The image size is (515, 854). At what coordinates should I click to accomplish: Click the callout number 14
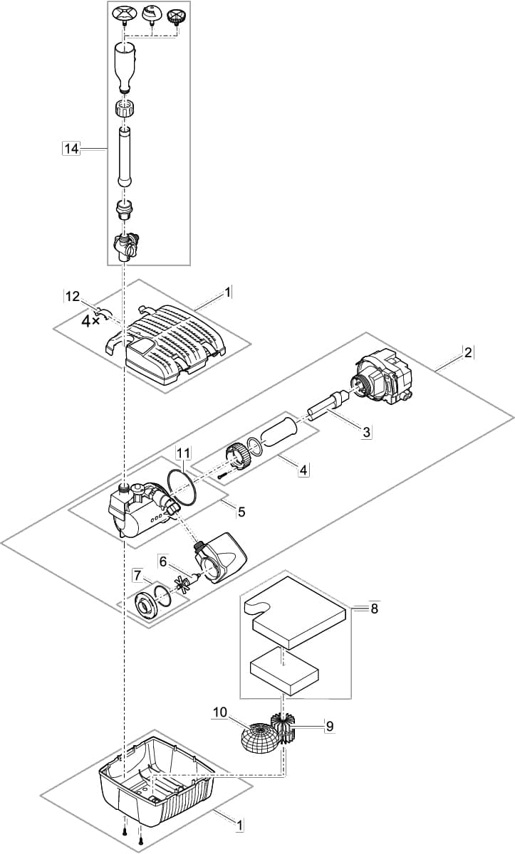click(71, 148)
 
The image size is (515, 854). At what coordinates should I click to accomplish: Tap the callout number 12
click(73, 296)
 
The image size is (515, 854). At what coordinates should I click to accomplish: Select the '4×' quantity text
click(90, 321)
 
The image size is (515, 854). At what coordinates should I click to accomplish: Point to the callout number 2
click(467, 352)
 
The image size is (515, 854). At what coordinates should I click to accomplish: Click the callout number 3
click(366, 431)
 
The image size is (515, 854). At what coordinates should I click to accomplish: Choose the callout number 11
click(184, 453)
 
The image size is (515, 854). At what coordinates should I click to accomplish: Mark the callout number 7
click(137, 574)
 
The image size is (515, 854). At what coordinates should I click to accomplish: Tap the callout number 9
click(329, 726)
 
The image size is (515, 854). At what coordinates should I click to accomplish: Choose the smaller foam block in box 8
click(283, 671)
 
